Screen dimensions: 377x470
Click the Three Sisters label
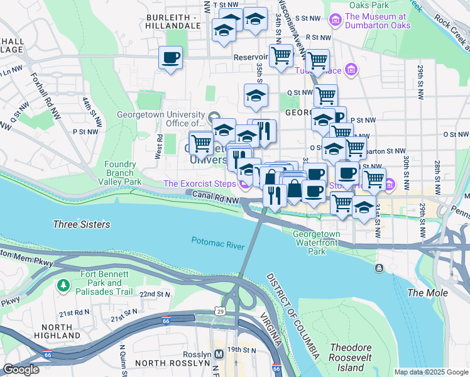coord(82,224)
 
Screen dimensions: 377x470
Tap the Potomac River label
coord(217,242)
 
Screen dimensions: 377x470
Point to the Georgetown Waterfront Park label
coord(317,243)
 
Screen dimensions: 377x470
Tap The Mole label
coord(428,293)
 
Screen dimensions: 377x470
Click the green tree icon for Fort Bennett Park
coord(63,286)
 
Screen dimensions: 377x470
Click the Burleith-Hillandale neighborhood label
coord(173,21)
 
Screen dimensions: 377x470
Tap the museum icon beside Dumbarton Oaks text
coord(334,21)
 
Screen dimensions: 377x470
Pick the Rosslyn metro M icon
coord(217,353)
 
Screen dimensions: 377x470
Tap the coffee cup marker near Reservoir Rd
coord(171,58)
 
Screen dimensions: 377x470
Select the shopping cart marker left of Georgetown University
coord(201,143)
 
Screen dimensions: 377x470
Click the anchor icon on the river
coord(379,268)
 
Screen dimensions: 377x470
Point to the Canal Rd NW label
coord(215,199)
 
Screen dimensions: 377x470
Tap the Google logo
coord(21,369)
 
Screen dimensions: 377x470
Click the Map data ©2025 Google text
coord(430,372)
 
